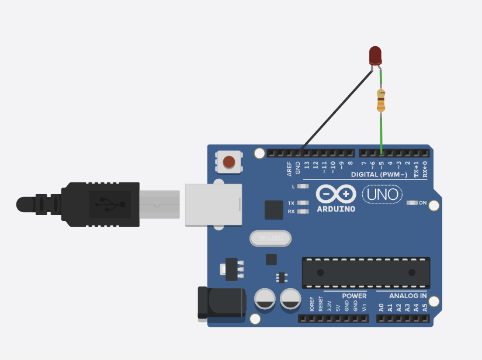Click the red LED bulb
pyautogui.click(x=376, y=56)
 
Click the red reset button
pyautogui.click(x=229, y=161)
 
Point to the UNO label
pyautogui.click(x=382, y=194)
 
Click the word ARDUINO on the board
pyautogui.click(x=336, y=209)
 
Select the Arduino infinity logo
pyautogui.click(x=336, y=193)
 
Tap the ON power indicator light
pyautogui.click(x=412, y=203)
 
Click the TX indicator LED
pyautogui.click(x=303, y=203)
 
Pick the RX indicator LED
pyautogui.click(x=303, y=211)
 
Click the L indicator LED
pyautogui.click(x=303, y=186)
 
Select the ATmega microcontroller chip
pyautogui.click(x=366, y=272)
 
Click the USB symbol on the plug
pyautogui.click(x=112, y=204)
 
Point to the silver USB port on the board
pyautogui.click(x=213, y=204)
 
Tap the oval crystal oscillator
pyautogui.click(x=271, y=238)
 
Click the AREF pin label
pyautogui.click(x=289, y=168)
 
